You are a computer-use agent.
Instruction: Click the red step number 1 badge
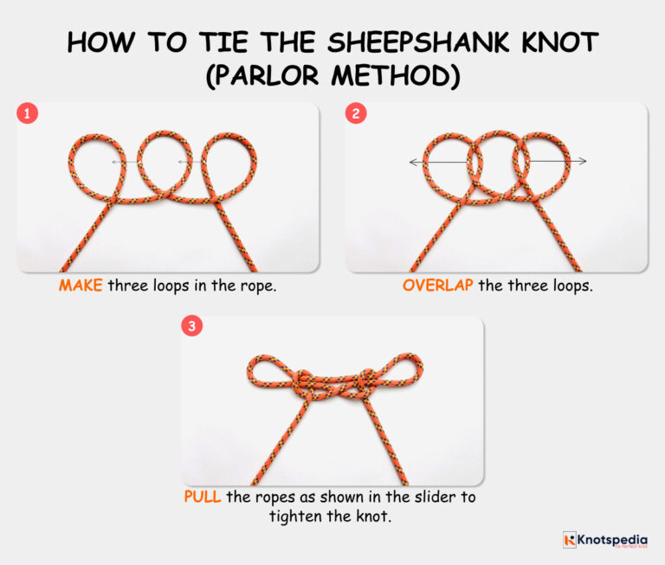click(x=28, y=112)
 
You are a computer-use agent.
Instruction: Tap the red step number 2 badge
click(x=356, y=112)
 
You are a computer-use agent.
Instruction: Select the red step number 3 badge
click(x=192, y=326)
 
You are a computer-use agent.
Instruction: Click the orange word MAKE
click(x=81, y=285)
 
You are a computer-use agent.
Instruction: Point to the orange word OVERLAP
click(x=437, y=285)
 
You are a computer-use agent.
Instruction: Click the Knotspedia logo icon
click(x=570, y=540)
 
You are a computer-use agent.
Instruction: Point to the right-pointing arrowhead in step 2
click(x=584, y=162)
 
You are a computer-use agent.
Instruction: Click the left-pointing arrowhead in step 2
click(x=413, y=162)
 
